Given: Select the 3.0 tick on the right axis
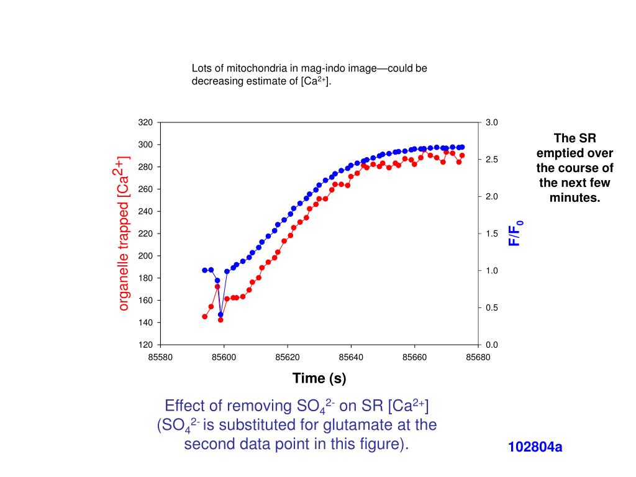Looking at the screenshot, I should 491,122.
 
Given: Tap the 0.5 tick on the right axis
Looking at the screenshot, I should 491,307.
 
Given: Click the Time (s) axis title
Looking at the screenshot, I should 319,378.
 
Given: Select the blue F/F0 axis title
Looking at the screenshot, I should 516,233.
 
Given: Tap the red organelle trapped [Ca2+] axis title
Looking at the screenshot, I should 123,233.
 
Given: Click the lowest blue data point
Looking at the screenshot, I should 220,315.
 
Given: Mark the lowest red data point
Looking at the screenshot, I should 220,320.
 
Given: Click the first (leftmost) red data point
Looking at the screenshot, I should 205,316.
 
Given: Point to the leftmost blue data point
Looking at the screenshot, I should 205,270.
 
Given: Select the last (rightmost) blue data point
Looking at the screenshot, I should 462,147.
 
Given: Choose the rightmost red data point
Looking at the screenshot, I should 462,155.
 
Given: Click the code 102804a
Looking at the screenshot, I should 535,447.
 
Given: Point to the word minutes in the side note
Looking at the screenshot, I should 574,198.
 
